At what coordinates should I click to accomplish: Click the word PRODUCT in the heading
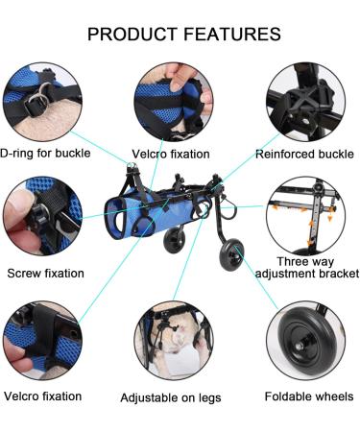132,34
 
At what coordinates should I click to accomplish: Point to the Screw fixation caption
45,273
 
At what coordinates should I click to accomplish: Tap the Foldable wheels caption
309,396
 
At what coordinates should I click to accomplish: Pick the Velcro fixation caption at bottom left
42,395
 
